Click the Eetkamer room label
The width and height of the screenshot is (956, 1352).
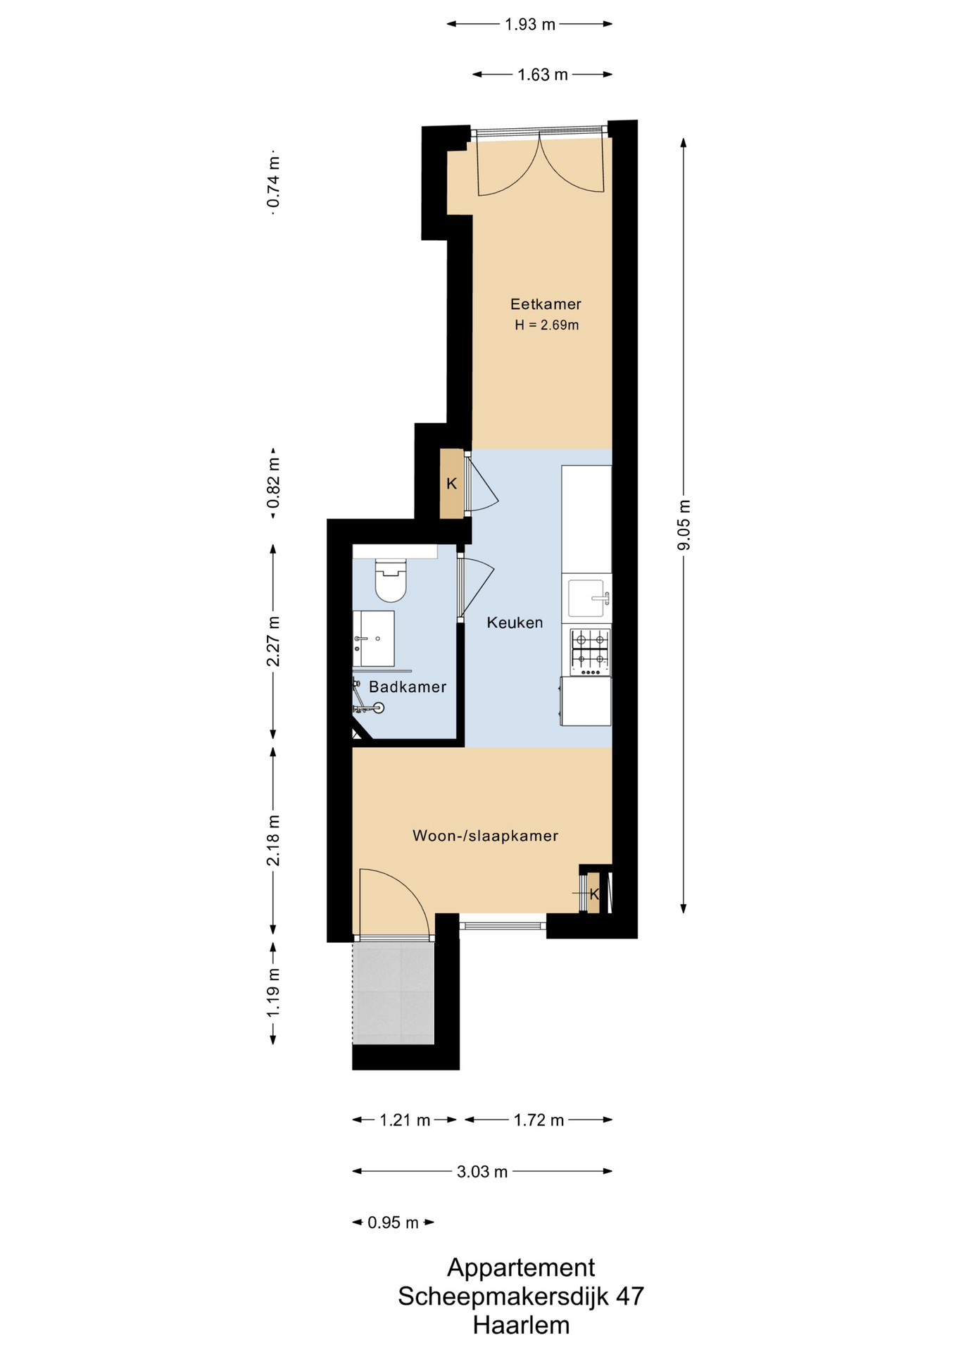(546, 304)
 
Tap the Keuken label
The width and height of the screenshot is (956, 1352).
(515, 622)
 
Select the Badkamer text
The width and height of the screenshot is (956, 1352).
(408, 687)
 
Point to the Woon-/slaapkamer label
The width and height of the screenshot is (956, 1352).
(485, 836)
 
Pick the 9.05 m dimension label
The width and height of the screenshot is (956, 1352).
(684, 525)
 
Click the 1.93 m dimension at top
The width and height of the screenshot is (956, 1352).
(530, 25)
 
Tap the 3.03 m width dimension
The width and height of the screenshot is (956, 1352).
(482, 1172)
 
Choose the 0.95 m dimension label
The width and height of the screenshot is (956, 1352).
(393, 1222)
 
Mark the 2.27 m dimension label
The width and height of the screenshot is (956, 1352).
(273, 641)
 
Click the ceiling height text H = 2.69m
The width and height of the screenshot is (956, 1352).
(546, 325)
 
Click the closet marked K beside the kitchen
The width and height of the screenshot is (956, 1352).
(452, 484)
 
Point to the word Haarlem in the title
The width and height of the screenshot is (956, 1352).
(521, 1325)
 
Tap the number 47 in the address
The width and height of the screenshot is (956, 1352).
(630, 1296)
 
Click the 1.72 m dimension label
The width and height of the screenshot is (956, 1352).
(539, 1120)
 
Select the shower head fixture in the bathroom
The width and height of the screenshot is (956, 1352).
(379, 708)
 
